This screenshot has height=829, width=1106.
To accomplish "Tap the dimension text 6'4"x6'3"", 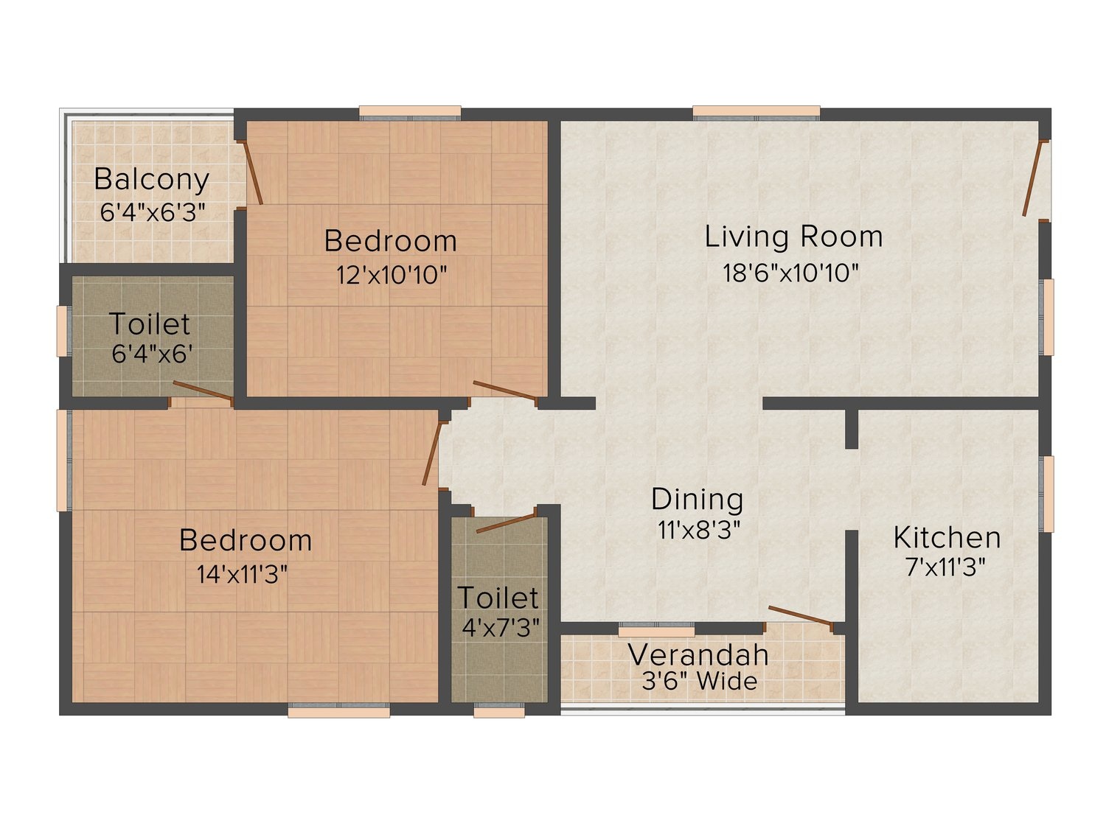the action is point(153,212).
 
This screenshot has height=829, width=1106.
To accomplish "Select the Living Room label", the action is point(793,237).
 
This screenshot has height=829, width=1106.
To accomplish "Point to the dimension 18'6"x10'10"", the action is point(790,273).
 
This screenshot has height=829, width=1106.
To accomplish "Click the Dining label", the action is point(698,500).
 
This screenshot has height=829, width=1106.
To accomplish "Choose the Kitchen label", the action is point(947,538).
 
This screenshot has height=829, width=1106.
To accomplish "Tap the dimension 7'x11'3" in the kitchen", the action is point(945,567).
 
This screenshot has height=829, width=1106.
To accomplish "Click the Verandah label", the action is point(698,655).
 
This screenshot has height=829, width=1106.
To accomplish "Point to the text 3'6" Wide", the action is point(700,681).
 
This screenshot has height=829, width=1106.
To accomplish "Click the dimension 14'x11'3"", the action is point(243,574).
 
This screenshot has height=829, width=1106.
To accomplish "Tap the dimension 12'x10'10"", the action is point(392,275).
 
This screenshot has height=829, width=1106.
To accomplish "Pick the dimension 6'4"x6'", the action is point(152,354).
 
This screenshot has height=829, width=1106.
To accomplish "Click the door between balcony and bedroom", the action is point(252,172).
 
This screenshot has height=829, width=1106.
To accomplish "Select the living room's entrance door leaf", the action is point(1033,178).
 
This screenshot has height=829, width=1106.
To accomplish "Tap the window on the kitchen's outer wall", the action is point(1047,494).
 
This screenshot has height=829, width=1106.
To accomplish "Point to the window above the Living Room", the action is point(757,113).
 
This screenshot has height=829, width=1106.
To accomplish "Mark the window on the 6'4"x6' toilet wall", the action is point(63,331).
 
